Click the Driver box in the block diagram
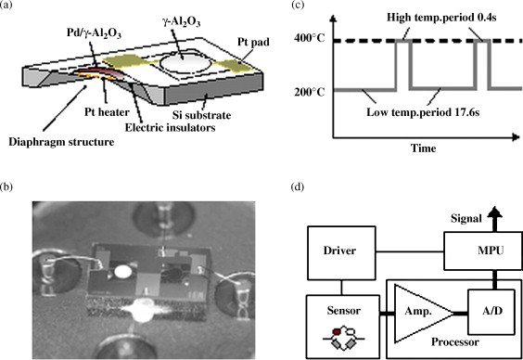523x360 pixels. (341, 253)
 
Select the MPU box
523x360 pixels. (483, 251)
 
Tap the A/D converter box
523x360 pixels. (491, 312)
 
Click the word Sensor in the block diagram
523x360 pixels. (343, 311)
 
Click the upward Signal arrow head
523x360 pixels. (494, 212)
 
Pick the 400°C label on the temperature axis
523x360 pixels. (309, 38)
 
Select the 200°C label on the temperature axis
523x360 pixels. (309, 92)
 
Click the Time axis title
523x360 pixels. (423, 148)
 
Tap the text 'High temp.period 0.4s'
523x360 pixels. (441, 17)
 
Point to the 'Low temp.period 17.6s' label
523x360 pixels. (423, 112)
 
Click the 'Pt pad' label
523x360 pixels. (253, 42)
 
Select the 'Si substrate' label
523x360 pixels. (201, 115)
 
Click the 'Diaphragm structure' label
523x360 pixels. (61, 142)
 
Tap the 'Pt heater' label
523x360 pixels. (107, 111)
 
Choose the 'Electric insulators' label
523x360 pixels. (170, 127)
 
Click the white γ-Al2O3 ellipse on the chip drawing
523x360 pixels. (185, 63)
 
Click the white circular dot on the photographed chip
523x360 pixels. (123, 273)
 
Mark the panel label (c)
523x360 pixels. (297, 6)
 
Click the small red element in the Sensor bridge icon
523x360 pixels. (338, 331)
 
